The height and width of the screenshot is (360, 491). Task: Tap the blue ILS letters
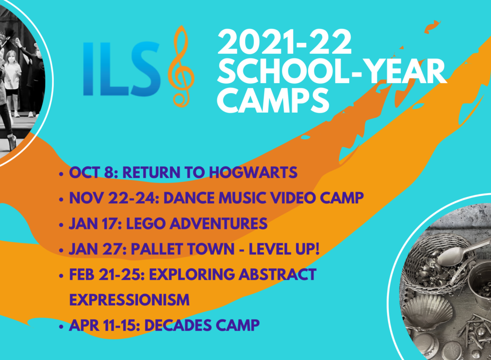pyautogui.click(x=122, y=69)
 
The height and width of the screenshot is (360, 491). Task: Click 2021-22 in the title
pyautogui.click(x=284, y=42)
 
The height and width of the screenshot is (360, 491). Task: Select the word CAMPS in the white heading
pyautogui.click(x=273, y=100)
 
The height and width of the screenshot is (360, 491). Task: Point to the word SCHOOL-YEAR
pyautogui.click(x=332, y=71)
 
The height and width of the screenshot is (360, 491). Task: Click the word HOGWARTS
pyautogui.click(x=253, y=173)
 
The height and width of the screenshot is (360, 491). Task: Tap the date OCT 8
pyautogui.click(x=94, y=173)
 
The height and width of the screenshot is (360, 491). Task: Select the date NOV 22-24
pyautogui.click(x=114, y=198)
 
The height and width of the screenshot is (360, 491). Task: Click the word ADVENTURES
pyautogui.click(x=218, y=223)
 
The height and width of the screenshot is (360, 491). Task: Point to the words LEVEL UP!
pyautogui.click(x=284, y=249)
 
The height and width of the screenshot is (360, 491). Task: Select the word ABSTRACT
pyautogui.click(x=277, y=274)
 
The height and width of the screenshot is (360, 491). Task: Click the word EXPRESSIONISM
pyautogui.click(x=130, y=300)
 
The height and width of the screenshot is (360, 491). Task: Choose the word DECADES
pyautogui.click(x=177, y=325)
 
